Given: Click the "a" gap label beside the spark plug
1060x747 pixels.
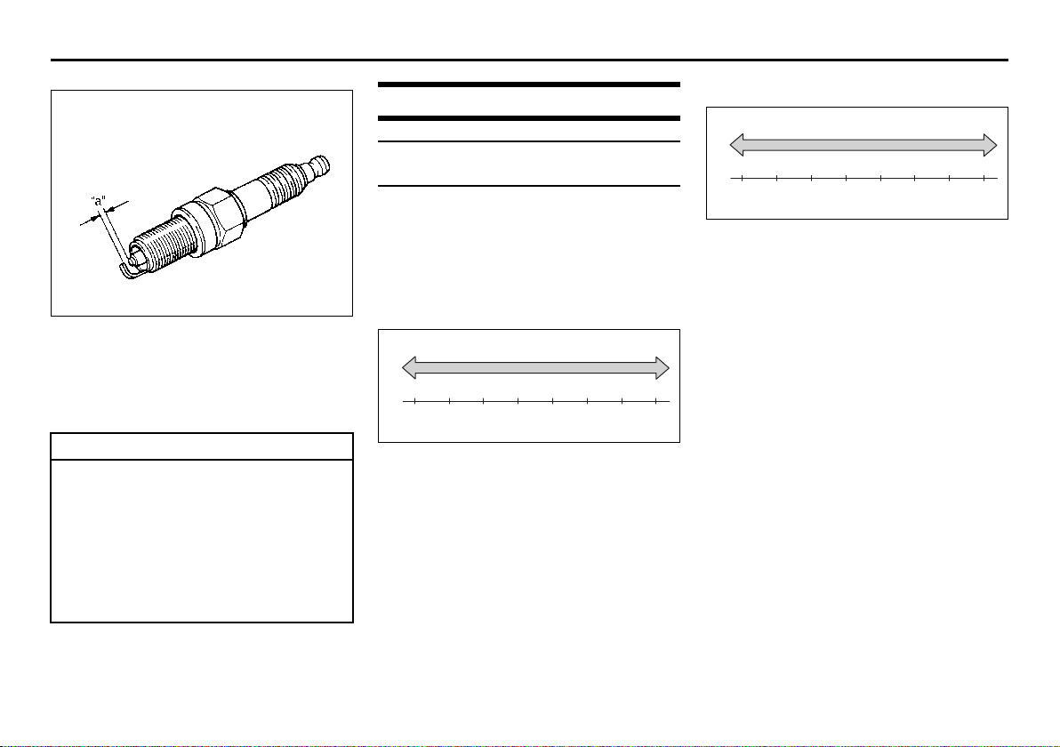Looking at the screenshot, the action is [x=99, y=201].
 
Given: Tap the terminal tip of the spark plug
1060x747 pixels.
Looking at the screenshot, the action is [x=320, y=164].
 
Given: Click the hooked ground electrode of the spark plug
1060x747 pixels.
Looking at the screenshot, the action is [x=128, y=272].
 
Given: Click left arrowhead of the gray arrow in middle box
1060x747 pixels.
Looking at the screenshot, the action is [x=409, y=368].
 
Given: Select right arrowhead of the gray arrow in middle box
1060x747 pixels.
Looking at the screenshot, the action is [x=662, y=368].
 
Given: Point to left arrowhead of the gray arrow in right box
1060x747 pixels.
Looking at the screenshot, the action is [x=737, y=145].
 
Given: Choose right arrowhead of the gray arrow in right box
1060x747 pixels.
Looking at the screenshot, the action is [x=991, y=145].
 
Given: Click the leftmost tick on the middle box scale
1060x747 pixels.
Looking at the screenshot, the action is [x=414, y=402].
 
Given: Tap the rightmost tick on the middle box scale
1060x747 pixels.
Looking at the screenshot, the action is [x=656, y=402].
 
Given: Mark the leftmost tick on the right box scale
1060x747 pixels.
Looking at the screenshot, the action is [x=743, y=179].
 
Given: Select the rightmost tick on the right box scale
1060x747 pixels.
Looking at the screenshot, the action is [x=984, y=179].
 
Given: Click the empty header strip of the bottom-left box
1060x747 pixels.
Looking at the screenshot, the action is [x=202, y=446].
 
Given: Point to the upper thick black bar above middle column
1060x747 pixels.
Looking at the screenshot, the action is [x=528, y=84].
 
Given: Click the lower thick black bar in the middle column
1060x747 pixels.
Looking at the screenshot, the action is [x=528, y=118].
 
